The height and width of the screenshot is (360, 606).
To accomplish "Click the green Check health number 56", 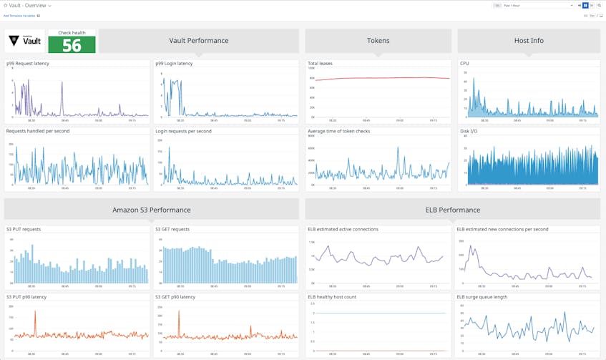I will click(x=72, y=45).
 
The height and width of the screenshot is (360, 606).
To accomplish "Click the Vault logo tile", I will click(x=25, y=42).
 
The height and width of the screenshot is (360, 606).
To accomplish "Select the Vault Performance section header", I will click(x=198, y=41).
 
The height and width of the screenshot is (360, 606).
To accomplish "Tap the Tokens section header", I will click(x=378, y=41).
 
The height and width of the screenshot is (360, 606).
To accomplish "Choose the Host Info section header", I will click(x=528, y=41).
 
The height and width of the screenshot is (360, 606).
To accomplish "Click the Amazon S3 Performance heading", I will click(x=151, y=210).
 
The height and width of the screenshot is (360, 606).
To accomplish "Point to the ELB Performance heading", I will click(x=452, y=210).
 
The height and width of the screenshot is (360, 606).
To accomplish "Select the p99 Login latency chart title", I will click(x=174, y=64).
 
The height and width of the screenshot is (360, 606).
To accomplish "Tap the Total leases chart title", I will click(x=320, y=64).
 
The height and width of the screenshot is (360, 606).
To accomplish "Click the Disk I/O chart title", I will click(x=469, y=131).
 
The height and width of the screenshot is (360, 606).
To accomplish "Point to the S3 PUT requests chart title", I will click(x=24, y=229).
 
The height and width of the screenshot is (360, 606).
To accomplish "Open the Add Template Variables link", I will click(x=19, y=15).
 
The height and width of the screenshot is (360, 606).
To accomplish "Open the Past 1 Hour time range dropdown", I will click(x=537, y=5).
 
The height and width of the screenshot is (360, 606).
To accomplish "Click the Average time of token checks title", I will click(x=338, y=131).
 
